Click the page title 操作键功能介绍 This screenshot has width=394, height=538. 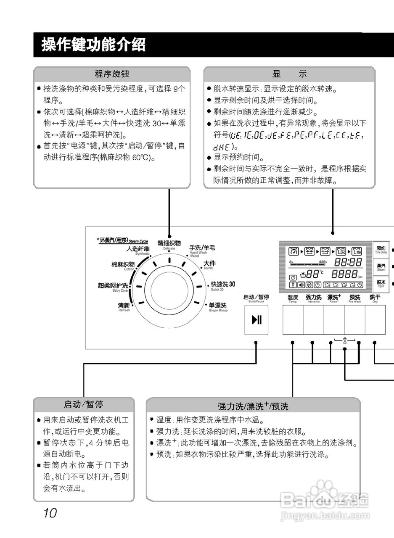[93, 45]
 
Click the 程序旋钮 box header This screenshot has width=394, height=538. [112, 74]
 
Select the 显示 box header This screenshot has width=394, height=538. [289, 74]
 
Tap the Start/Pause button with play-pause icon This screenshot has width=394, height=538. [256, 320]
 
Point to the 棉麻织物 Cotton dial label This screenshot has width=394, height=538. [123, 265]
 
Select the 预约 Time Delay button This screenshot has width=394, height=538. [381, 250]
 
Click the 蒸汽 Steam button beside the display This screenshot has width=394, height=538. [381, 267]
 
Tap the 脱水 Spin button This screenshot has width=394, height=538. [381, 283]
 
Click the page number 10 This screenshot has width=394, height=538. [49, 513]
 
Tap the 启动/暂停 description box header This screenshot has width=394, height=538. [83, 405]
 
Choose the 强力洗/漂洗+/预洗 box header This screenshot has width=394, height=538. [253, 406]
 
